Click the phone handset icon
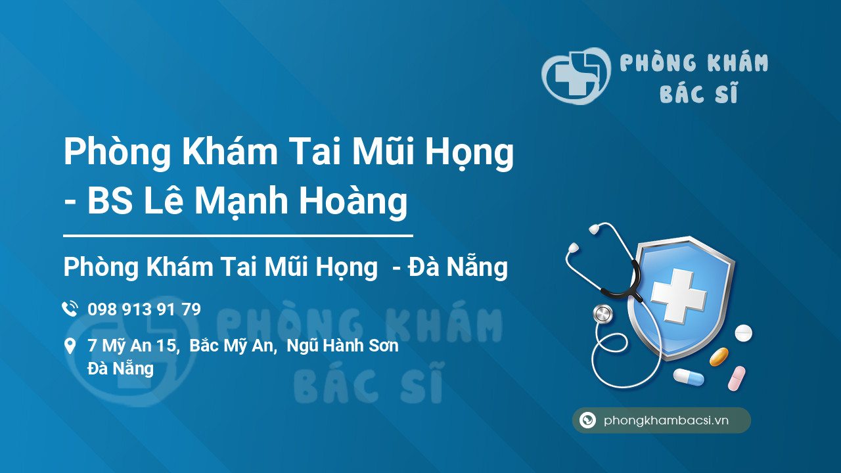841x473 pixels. pos(70,309)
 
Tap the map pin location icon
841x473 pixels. pos(70,346)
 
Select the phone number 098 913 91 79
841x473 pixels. pos(144,309)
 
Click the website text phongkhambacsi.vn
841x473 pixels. pos(666,420)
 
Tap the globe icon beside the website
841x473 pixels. pos(588,420)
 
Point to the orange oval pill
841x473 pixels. pos(719,357)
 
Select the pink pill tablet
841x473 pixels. pos(737,378)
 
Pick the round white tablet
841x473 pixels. pos(743,333)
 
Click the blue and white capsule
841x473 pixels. pos(689,377)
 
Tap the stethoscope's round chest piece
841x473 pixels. pos(602,314)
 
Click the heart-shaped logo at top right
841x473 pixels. pos(576,76)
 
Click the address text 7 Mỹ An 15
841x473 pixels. pos(133,346)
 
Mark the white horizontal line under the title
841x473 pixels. pos(238,235)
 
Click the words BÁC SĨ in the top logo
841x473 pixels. pos(698,95)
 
